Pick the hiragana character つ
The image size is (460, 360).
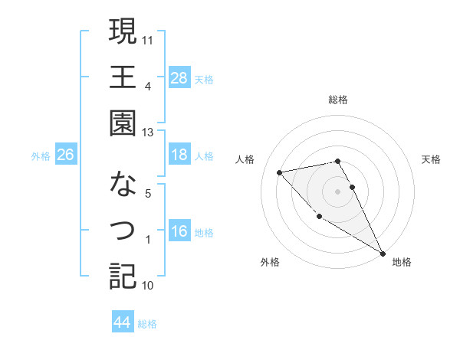coord(122,230)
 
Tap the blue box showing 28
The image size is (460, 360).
coord(179,77)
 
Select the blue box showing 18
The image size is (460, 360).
coord(179,155)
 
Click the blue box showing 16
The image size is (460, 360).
coord(179,232)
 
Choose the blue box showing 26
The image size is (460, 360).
coord(65,155)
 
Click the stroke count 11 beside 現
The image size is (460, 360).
coord(149,38)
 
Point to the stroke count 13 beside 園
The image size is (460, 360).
coord(148,132)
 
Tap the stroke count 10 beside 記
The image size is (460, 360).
coord(148,286)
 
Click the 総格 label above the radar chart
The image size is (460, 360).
coord(338,100)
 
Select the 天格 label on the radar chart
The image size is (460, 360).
coord(432,159)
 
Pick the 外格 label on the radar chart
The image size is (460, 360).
coord(270,263)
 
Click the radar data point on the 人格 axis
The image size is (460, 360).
coord(280,172)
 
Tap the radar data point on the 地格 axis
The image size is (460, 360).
coord(383,254)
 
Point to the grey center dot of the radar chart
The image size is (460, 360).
coord(338,191)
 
